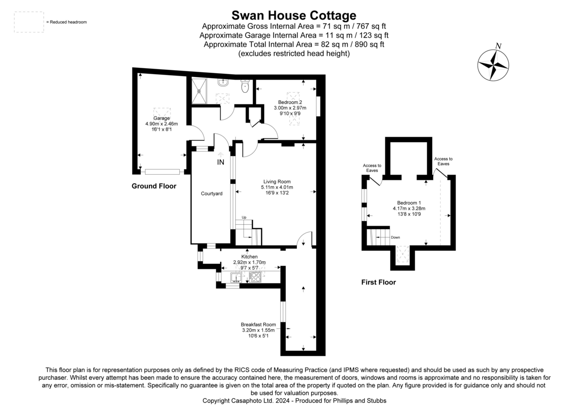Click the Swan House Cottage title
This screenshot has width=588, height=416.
click(294, 15)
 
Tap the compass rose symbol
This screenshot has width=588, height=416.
click(493, 65)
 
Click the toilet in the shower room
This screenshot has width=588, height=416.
click(245, 86)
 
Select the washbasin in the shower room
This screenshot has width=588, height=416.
click(223, 82)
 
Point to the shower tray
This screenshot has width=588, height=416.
click(199, 91)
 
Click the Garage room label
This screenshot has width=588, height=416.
click(161, 118)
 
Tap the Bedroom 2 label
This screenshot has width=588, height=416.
click(290, 102)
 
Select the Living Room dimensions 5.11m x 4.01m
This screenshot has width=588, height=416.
click(277, 187)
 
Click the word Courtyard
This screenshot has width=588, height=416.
click(212, 194)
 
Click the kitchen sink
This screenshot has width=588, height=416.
click(236, 278)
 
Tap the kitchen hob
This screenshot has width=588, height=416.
click(255, 277)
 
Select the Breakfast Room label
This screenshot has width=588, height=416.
click(258, 325)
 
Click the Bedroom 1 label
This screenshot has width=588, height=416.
click(409, 203)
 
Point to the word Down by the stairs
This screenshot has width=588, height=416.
click(395, 237)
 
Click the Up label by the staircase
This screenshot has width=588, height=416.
click(244, 217)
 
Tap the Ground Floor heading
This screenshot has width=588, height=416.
click(154, 186)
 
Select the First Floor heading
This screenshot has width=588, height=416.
click(378, 282)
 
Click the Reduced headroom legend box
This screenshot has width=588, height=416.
click(29, 22)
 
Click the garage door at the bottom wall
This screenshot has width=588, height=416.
click(163, 172)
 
